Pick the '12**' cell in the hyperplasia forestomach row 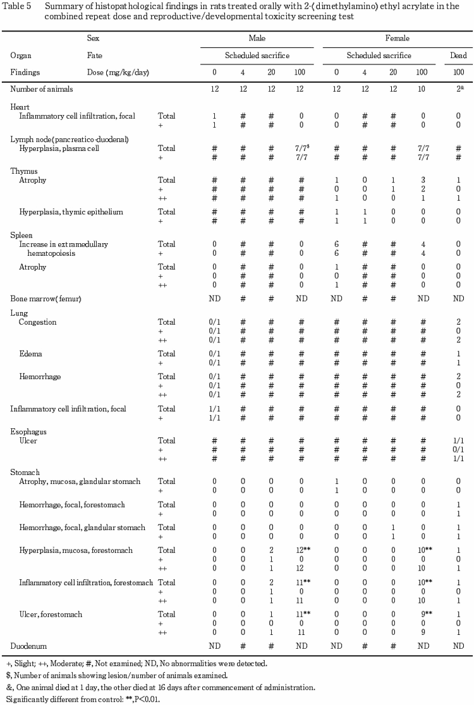point(302,550)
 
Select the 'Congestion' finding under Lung point(38,322)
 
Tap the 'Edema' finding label point(31,354)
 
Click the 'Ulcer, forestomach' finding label point(51,613)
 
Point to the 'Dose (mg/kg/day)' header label point(118,73)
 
